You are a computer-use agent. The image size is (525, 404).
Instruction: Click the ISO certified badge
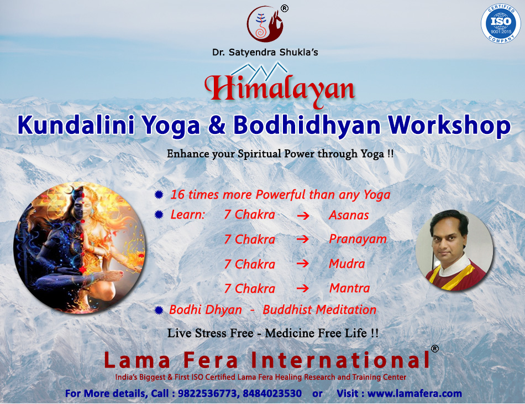501,23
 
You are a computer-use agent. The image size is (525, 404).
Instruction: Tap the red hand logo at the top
265,24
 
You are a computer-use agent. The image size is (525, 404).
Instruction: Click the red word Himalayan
280,90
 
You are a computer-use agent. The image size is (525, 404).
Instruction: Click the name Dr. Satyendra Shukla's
265,53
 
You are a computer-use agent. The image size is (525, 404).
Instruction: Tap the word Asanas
349,215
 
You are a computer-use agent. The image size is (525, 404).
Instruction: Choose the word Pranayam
358,240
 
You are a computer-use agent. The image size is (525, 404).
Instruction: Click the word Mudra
347,264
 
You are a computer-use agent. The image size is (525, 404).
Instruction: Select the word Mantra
350,288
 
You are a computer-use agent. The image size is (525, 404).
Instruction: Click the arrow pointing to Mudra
303,263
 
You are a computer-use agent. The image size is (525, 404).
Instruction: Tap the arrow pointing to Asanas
303,216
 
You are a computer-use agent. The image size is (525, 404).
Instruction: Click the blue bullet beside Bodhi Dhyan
159,310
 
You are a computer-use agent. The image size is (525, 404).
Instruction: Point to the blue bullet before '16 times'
159,195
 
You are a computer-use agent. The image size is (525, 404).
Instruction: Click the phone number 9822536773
207,393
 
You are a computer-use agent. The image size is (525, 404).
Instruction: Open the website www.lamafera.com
414,393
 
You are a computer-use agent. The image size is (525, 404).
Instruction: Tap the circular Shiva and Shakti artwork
80,247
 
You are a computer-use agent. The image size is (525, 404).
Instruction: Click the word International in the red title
340,360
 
